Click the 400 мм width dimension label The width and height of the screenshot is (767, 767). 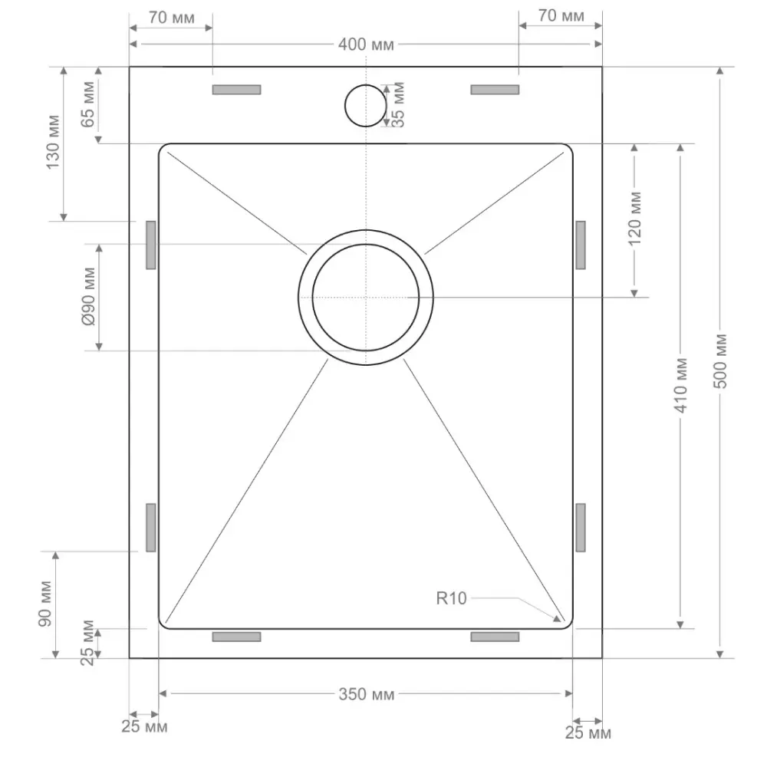366,44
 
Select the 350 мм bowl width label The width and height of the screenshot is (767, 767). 367,694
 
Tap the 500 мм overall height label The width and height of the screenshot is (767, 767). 720,361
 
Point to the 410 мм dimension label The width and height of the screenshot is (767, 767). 681,386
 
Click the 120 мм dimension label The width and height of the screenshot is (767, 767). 634,219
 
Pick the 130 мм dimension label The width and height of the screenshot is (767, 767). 53,143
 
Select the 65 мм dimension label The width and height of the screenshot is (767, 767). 88,104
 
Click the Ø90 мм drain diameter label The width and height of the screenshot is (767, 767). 88,297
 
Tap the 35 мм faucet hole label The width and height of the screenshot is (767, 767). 398,105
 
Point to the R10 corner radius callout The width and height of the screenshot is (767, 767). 451,598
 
